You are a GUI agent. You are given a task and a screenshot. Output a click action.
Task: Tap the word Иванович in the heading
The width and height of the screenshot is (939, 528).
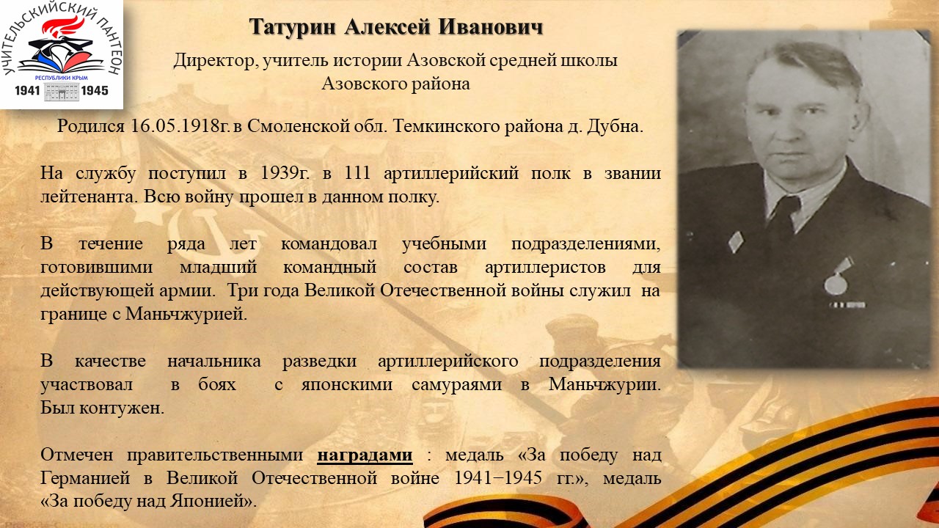(491, 27)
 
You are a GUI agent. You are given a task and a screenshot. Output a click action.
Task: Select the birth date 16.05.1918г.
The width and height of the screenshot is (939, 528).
(180, 125)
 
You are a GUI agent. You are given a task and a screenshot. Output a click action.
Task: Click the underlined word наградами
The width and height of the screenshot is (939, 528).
(365, 455)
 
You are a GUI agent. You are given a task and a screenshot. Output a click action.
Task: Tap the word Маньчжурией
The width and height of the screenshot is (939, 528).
(186, 314)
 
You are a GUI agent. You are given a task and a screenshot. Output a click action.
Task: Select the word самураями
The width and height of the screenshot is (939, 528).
(456, 385)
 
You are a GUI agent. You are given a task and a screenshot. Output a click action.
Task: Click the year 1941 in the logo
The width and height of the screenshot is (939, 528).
(27, 90)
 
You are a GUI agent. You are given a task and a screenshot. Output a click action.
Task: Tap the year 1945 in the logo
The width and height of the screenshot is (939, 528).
(95, 90)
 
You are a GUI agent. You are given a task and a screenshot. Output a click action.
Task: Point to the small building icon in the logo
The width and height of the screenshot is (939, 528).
(62, 92)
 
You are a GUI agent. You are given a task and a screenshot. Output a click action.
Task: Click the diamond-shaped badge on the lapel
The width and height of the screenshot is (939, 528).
(736, 242)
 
